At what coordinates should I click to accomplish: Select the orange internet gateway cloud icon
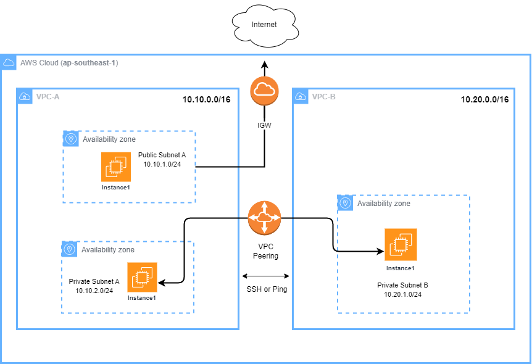coord(264,91)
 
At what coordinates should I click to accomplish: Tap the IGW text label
coord(264,125)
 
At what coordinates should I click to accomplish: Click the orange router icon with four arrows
coord(264,217)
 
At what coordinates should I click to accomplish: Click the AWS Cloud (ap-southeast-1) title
coord(69,63)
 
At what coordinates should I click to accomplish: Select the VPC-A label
coord(48,97)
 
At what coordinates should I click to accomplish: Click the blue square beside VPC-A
coord(25,96)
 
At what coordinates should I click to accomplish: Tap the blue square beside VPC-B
coord(301,96)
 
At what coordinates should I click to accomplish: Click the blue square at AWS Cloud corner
coord(9,62)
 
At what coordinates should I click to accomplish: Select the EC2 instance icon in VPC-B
coord(401,245)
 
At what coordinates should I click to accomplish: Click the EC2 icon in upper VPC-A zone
coord(116,167)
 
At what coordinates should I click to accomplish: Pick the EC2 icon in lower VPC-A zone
coord(142,278)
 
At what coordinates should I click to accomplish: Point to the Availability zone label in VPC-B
coord(383,204)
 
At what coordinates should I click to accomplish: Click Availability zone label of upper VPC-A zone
coord(109,139)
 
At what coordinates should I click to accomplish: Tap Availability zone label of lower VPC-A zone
coord(108,250)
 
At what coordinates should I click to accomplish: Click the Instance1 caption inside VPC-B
coord(401,268)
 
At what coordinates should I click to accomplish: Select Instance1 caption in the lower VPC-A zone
coord(142,298)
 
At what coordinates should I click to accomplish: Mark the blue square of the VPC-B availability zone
coord(346,203)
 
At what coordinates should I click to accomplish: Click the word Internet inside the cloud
coord(264,25)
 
